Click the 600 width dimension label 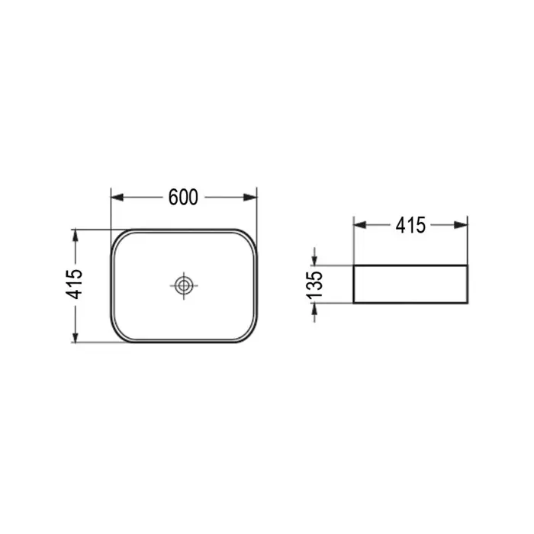click(x=183, y=197)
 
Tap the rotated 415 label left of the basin click(x=75, y=285)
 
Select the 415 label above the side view click(x=410, y=225)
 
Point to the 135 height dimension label click(x=314, y=285)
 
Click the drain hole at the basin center click(x=184, y=285)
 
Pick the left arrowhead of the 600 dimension click(x=117, y=197)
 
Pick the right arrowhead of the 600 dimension click(x=250, y=197)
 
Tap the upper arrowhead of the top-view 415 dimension click(x=76, y=236)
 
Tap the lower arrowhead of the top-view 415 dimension click(x=76, y=336)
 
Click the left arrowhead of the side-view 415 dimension click(x=360, y=225)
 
